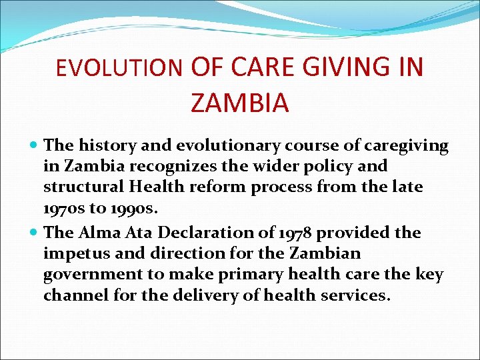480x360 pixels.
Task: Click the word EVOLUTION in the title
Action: tap(119, 68)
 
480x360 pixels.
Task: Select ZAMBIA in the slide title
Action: tap(239, 103)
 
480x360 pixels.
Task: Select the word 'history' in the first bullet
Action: tap(105, 145)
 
